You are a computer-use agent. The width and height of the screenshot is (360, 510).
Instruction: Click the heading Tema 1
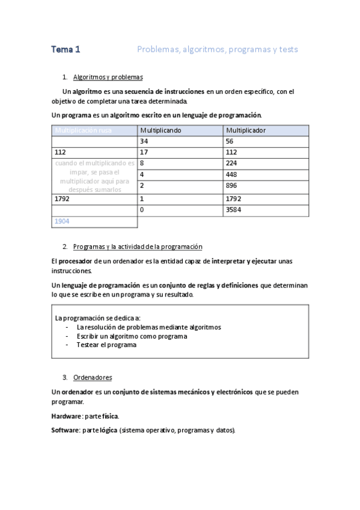tap(66, 49)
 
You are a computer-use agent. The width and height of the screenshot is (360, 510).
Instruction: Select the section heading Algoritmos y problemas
tap(108, 77)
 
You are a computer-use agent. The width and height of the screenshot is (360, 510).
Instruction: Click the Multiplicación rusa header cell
tap(84, 130)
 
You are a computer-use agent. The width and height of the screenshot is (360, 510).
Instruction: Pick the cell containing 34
tap(144, 141)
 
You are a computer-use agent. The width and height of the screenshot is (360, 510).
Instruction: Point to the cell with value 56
tap(230, 141)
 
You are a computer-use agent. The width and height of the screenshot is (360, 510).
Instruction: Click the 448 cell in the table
tap(232, 174)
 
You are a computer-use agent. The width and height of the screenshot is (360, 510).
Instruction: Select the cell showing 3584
tap(234, 209)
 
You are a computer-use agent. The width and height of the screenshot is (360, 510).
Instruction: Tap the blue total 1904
tap(62, 221)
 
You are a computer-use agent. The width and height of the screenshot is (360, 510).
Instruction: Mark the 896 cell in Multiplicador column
tap(232, 186)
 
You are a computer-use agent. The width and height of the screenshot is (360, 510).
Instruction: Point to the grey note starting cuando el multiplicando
tap(95, 176)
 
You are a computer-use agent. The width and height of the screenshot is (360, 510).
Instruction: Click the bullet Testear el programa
tap(106, 345)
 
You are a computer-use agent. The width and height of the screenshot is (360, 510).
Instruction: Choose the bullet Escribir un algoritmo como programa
tap(131, 336)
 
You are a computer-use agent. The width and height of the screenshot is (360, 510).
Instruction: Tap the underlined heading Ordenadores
tap(93, 378)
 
